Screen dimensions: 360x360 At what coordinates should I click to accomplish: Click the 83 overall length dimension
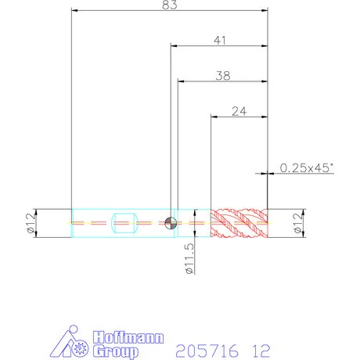[x=170, y=5]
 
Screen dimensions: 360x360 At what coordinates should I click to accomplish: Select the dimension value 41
[x=220, y=41]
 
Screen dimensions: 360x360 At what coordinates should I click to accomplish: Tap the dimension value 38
[x=223, y=76]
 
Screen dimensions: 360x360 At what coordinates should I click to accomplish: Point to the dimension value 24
[x=239, y=111]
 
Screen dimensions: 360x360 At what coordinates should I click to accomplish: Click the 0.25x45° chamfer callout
[x=307, y=167]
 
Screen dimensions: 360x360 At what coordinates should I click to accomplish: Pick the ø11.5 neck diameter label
[x=189, y=258]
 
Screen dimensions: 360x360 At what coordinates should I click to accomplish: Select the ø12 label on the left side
[x=30, y=223]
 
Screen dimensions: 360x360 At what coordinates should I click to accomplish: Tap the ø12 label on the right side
[x=298, y=223]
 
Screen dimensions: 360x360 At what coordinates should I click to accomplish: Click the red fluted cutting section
[x=239, y=223]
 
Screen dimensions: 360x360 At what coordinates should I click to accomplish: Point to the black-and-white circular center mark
[x=171, y=223]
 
